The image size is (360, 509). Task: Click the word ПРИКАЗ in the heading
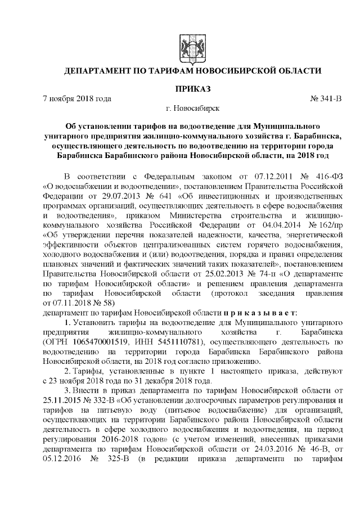pos(192,88)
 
